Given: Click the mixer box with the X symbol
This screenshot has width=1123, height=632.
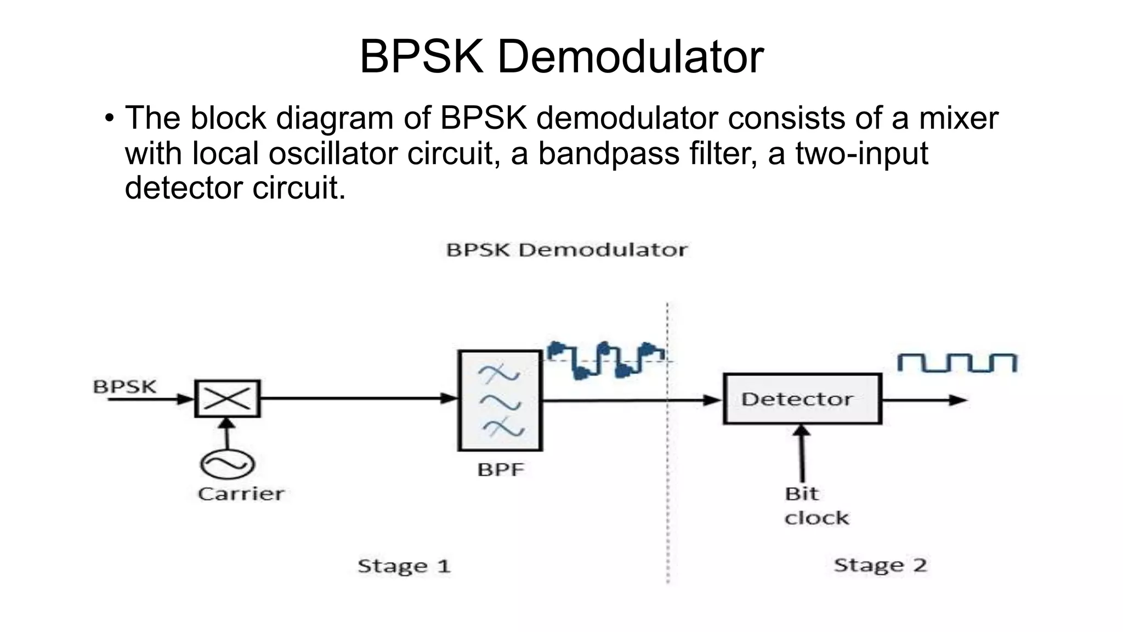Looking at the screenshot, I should pyautogui.click(x=227, y=398).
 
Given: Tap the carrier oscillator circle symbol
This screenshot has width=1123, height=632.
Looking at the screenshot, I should pyautogui.click(x=227, y=464).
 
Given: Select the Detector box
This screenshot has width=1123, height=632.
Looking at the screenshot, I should pyautogui.click(x=802, y=399).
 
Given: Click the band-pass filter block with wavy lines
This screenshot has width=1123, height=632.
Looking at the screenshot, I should pyautogui.click(x=500, y=400).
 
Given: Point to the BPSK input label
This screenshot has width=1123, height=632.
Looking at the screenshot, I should pyautogui.click(x=124, y=387).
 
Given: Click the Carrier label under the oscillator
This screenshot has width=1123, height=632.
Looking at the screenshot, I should pyautogui.click(x=241, y=494).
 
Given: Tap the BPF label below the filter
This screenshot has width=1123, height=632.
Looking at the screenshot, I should pyautogui.click(x=501, y=470).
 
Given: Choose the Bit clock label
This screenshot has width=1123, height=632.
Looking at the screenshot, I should pyautogui.click(x=815, y=506).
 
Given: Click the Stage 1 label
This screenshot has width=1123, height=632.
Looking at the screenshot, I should pyautogui.click(x=404, y=566).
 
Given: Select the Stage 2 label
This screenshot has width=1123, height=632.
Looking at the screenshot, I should pyautogui.click(x=880, y=565).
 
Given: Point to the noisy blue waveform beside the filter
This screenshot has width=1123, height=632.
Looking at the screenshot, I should pyautogui.click(x=606, y=360).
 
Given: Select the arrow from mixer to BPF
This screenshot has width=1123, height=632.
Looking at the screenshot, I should pyautogui.click(x=359, y=398).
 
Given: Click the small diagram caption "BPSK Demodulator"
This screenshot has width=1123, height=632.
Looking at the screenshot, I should pyautogui.click(x=566, y=250).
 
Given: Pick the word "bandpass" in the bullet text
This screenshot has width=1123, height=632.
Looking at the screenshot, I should pyautogui.click(x=609, y=153).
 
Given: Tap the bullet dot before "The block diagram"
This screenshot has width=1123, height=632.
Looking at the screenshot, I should pyautogui.click(x=109, y=118).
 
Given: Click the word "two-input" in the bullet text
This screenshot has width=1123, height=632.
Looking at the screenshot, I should pyautogui.click(x=861, y=153).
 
